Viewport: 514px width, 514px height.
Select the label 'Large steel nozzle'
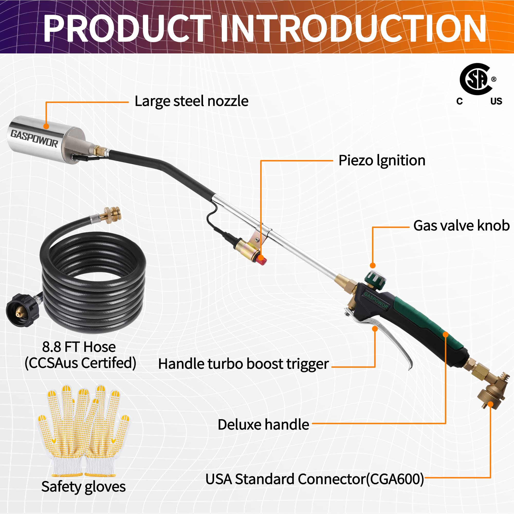(x=191, y=101)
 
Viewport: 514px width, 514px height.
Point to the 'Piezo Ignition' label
(x=382, y=161)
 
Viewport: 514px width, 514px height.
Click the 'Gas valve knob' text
(x=461, y=226)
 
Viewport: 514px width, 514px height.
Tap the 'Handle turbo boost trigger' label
(x=243, y=364)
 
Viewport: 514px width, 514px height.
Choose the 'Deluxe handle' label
(x=263, y=425)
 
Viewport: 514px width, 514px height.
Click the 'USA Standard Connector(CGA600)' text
(x=315, y=479)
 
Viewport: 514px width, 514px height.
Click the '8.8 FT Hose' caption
(x=79, y=347)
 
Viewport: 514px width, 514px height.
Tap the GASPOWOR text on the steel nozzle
(x=34, y=138)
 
